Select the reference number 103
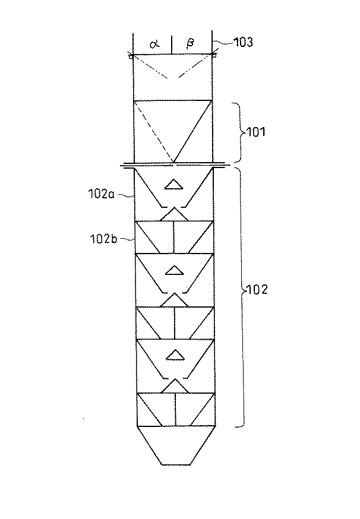tap(232, 43)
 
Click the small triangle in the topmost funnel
tap(173, 185)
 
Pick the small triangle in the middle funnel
tap(173, 271)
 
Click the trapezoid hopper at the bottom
tap(173, 445)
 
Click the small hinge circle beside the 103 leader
tap(213, 56)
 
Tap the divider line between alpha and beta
tap(172, 44)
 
